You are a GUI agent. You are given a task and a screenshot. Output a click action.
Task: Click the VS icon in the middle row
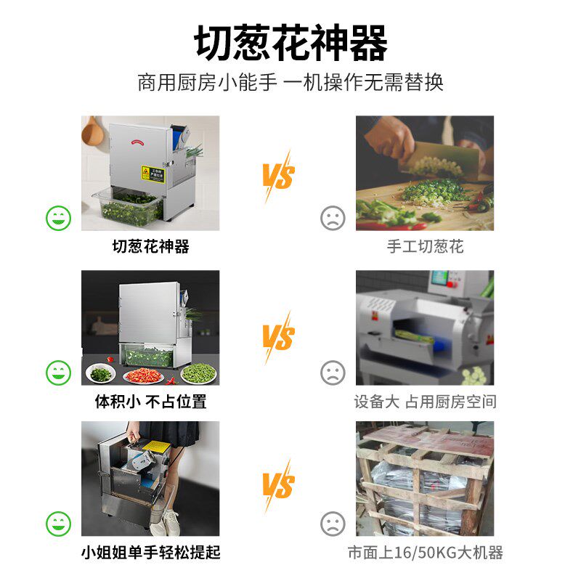(x=277, y=337)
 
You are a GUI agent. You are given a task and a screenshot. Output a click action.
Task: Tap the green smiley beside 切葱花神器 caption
(x=59, y=218)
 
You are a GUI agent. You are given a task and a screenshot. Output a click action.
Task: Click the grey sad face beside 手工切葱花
(x=333, y=218)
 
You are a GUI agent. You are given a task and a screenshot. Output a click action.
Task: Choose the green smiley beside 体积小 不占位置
(x=59, y=373)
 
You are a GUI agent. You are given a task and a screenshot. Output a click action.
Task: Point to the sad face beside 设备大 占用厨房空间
(x=333, y=373)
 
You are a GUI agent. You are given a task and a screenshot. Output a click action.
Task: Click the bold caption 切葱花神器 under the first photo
(x=150, y=247)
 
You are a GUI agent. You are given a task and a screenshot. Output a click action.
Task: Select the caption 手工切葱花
(x=425, y=247)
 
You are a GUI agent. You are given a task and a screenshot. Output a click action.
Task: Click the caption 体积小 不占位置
(x=150, y=401)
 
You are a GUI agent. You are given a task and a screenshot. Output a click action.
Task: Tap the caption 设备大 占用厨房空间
(x=425, y=401)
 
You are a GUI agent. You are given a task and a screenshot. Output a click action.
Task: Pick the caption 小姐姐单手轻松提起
(x=150, y=553)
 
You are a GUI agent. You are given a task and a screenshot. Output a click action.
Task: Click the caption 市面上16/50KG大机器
(x=425, y=553)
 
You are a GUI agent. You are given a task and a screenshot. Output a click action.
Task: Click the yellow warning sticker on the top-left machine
(x=153, y=173)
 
